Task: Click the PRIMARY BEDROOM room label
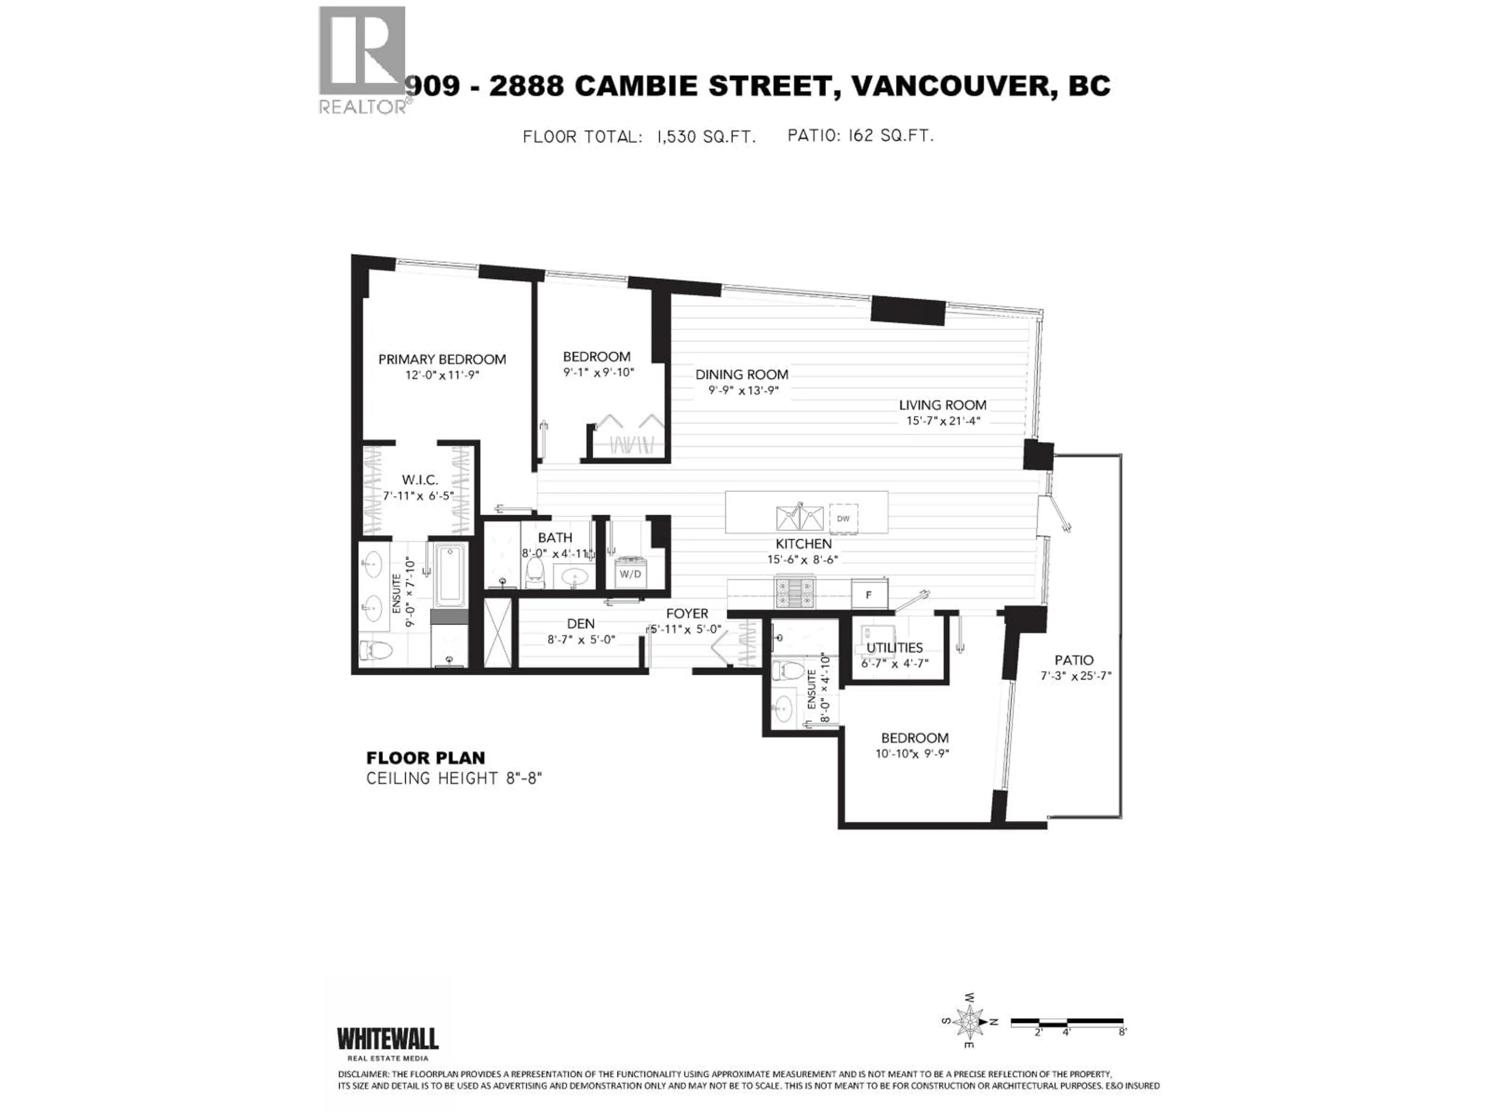click(442, 360)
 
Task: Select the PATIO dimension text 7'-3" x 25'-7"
click(1075, 676)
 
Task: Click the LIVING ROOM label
click(942, 405)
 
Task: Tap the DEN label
click(580, 624)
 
